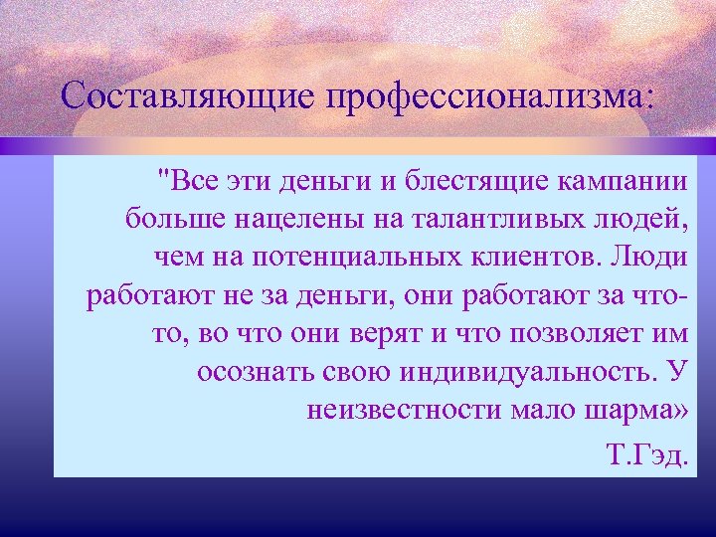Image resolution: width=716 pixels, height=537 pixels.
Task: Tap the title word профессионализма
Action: (488, 96)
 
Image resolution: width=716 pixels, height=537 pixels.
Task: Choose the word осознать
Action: (257, 372)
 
